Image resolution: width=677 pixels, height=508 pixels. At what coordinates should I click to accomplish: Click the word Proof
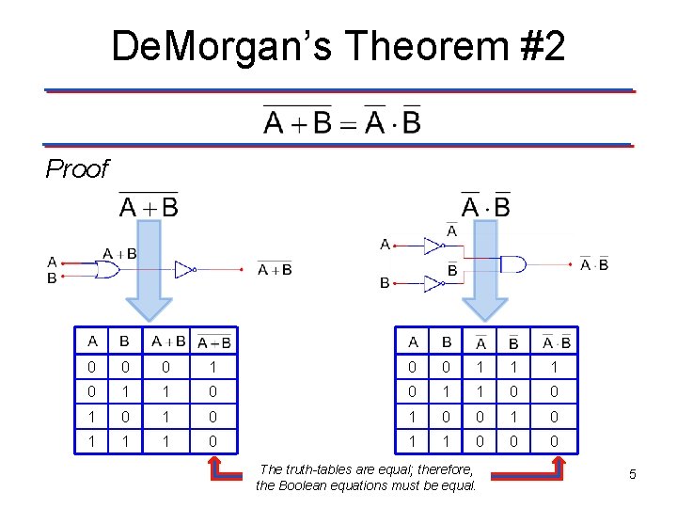[x=77, y=169]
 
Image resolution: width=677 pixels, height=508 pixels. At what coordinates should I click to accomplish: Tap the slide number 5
[x=633, y=474]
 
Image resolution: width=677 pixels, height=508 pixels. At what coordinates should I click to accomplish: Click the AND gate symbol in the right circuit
[x=513, y=264]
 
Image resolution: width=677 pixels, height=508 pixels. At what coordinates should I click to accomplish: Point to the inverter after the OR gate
[x=185, y=270]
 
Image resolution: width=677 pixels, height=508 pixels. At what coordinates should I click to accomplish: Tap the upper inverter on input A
[x=433, y=246]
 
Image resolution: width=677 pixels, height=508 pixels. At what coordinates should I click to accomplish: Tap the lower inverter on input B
[x=433, y=282]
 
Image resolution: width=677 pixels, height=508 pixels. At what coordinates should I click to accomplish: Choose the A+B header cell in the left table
[x=169, y=341]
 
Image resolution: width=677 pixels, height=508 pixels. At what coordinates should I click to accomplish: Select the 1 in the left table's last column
[x=214, y=367]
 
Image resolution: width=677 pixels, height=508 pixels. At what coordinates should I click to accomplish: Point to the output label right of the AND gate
[x=594, y=264]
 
